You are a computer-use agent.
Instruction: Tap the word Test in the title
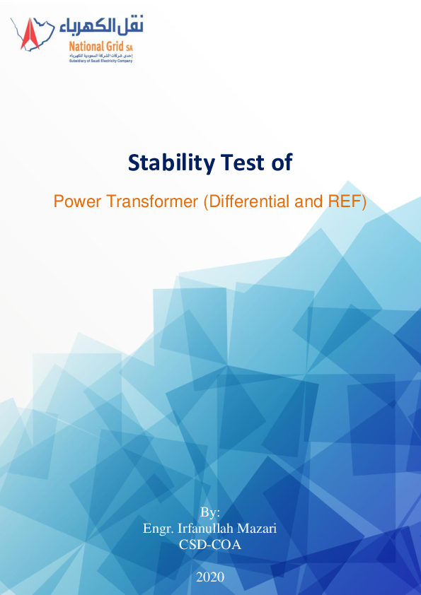tap(239, 163)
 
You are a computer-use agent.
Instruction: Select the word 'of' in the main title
tap(280, 163)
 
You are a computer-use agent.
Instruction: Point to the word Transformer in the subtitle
tap(151, 202)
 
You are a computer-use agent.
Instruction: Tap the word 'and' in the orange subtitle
tap(306, 202)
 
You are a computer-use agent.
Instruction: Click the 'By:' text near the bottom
tap(210, 512)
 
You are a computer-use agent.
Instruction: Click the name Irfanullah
tap(206, 528)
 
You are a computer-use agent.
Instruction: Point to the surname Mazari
tap(258, 528)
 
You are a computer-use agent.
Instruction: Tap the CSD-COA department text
tap(210, 544)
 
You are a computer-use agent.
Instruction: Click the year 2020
tap(210, 577)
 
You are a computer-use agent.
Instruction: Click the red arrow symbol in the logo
tap(30, 34)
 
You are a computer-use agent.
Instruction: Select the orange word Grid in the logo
tap(115, 47)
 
